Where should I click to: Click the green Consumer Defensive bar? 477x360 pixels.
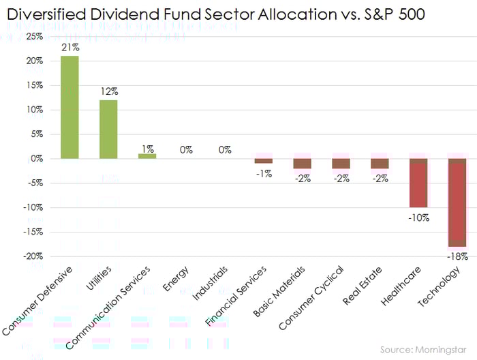pos(70,107)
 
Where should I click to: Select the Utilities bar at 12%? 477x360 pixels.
pos(108,129)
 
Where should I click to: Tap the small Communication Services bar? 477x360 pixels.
pos(147,155)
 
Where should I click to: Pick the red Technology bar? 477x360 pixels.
pos(457,202)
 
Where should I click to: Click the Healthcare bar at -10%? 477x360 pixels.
pos(418,183)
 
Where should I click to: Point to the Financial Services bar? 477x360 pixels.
pos(264,161)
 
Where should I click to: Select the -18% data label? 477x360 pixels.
pos(457,256)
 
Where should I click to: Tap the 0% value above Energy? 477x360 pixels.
pos(186,149)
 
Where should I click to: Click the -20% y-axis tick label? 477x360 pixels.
pos(32,256)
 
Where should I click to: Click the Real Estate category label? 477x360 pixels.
pos(371,284)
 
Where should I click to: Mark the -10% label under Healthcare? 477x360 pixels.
pos(418,217)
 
